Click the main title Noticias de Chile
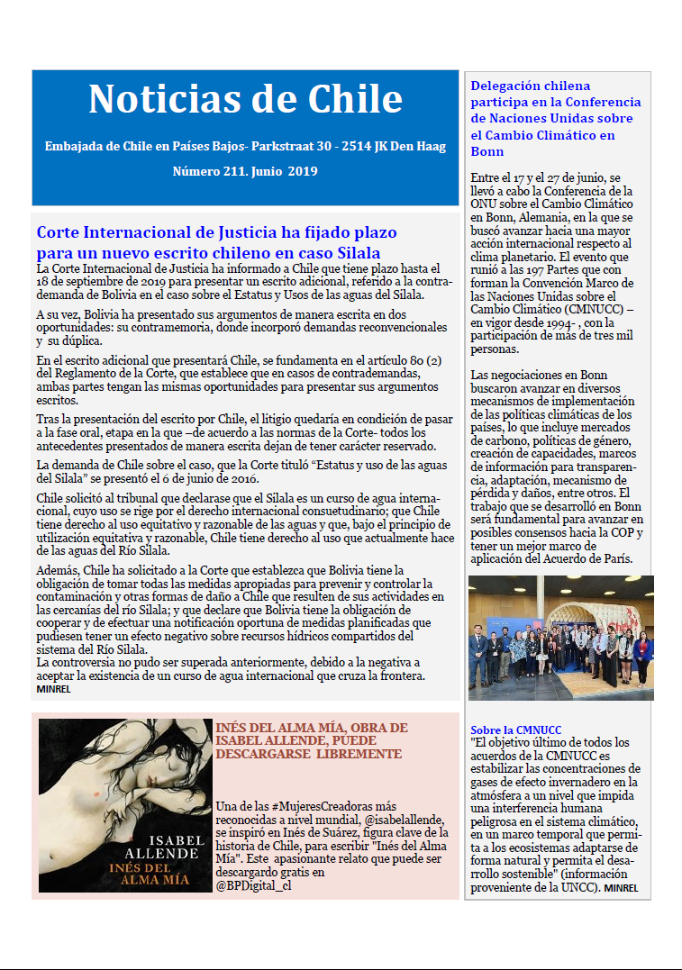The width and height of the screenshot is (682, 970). pos(245,99)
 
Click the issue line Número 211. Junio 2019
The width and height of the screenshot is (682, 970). pos(245,170)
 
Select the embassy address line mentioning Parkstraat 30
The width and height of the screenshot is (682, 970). pos(245,146)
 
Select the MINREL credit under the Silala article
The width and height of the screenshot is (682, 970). pos(55,689)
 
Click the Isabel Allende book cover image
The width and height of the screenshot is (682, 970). pos(124,805)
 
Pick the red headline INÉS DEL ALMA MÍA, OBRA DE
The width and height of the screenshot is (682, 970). pos(311,728)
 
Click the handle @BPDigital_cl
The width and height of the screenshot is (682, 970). pos(253,885)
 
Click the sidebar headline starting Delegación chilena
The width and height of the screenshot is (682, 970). pos(556,119)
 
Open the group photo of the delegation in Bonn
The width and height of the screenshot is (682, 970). pos(560,638)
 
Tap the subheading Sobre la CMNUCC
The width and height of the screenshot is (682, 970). pos(516,730)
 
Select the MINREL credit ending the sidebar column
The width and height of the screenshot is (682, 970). pos(622,888)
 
